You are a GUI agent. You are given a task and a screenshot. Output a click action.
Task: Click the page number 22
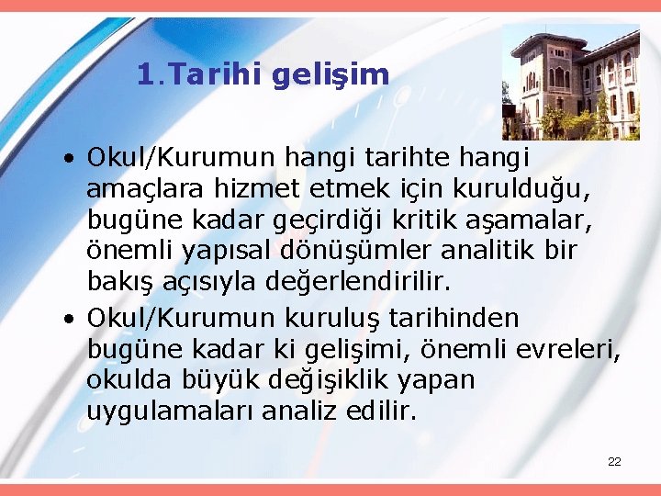pos(614,461)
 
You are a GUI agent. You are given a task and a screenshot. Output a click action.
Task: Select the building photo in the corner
pos(570,82)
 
